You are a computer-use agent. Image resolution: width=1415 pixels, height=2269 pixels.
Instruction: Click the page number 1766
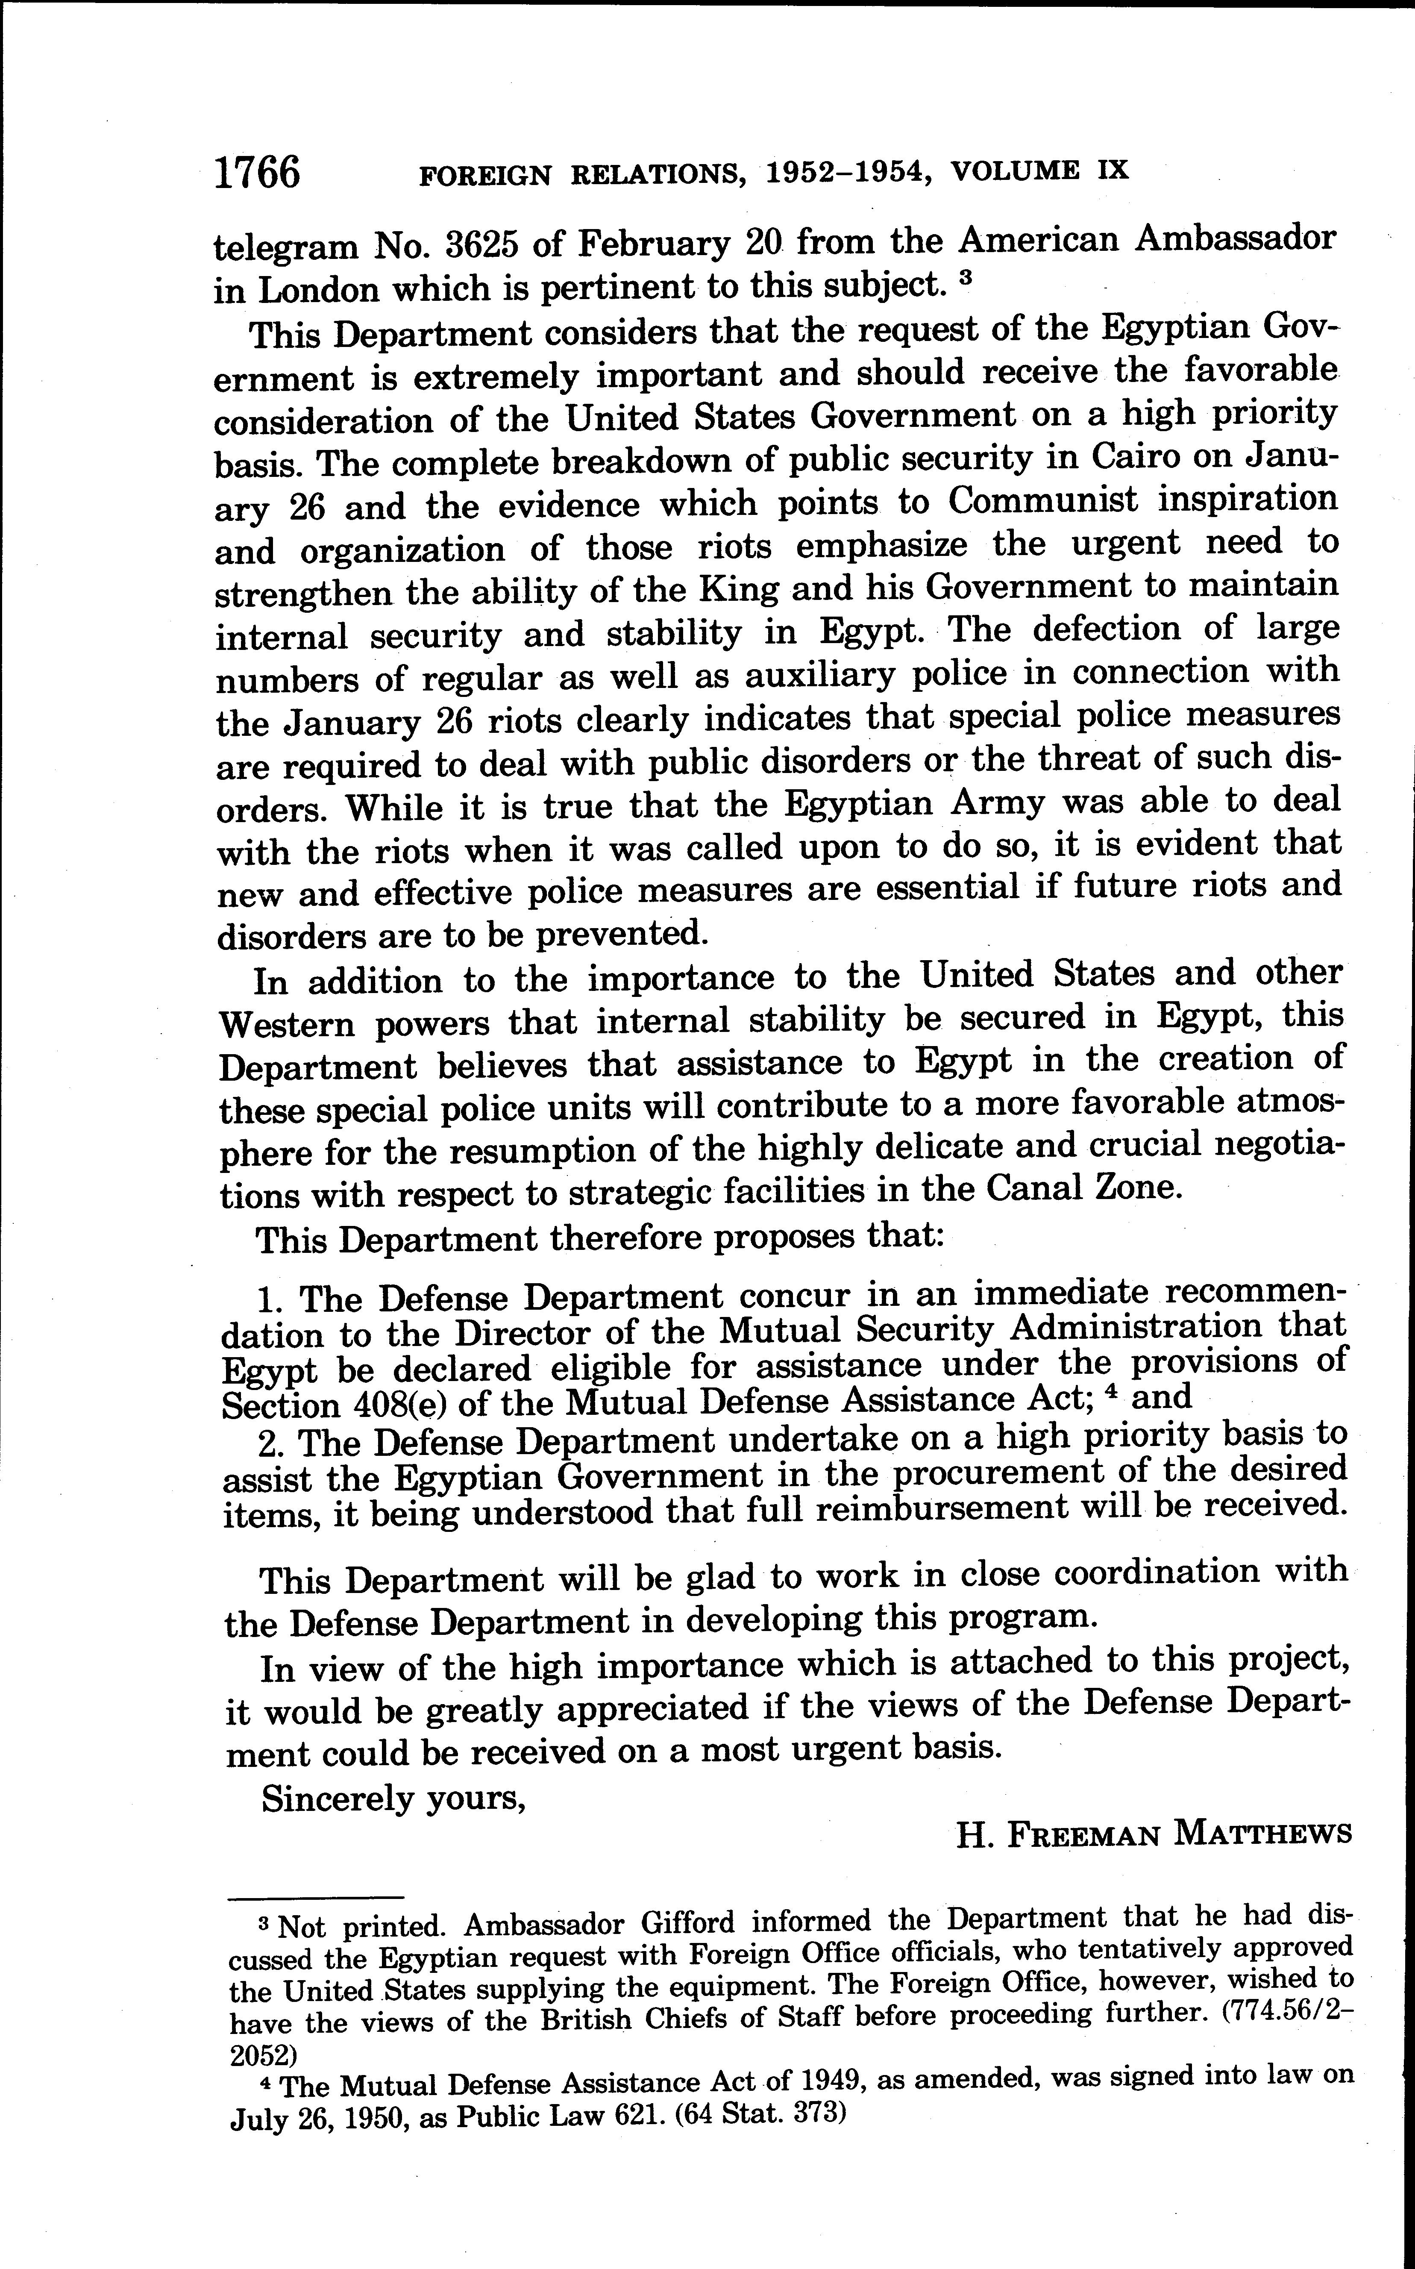pos(257,173)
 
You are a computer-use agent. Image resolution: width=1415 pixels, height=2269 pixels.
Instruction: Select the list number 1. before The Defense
pos(270,1298)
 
